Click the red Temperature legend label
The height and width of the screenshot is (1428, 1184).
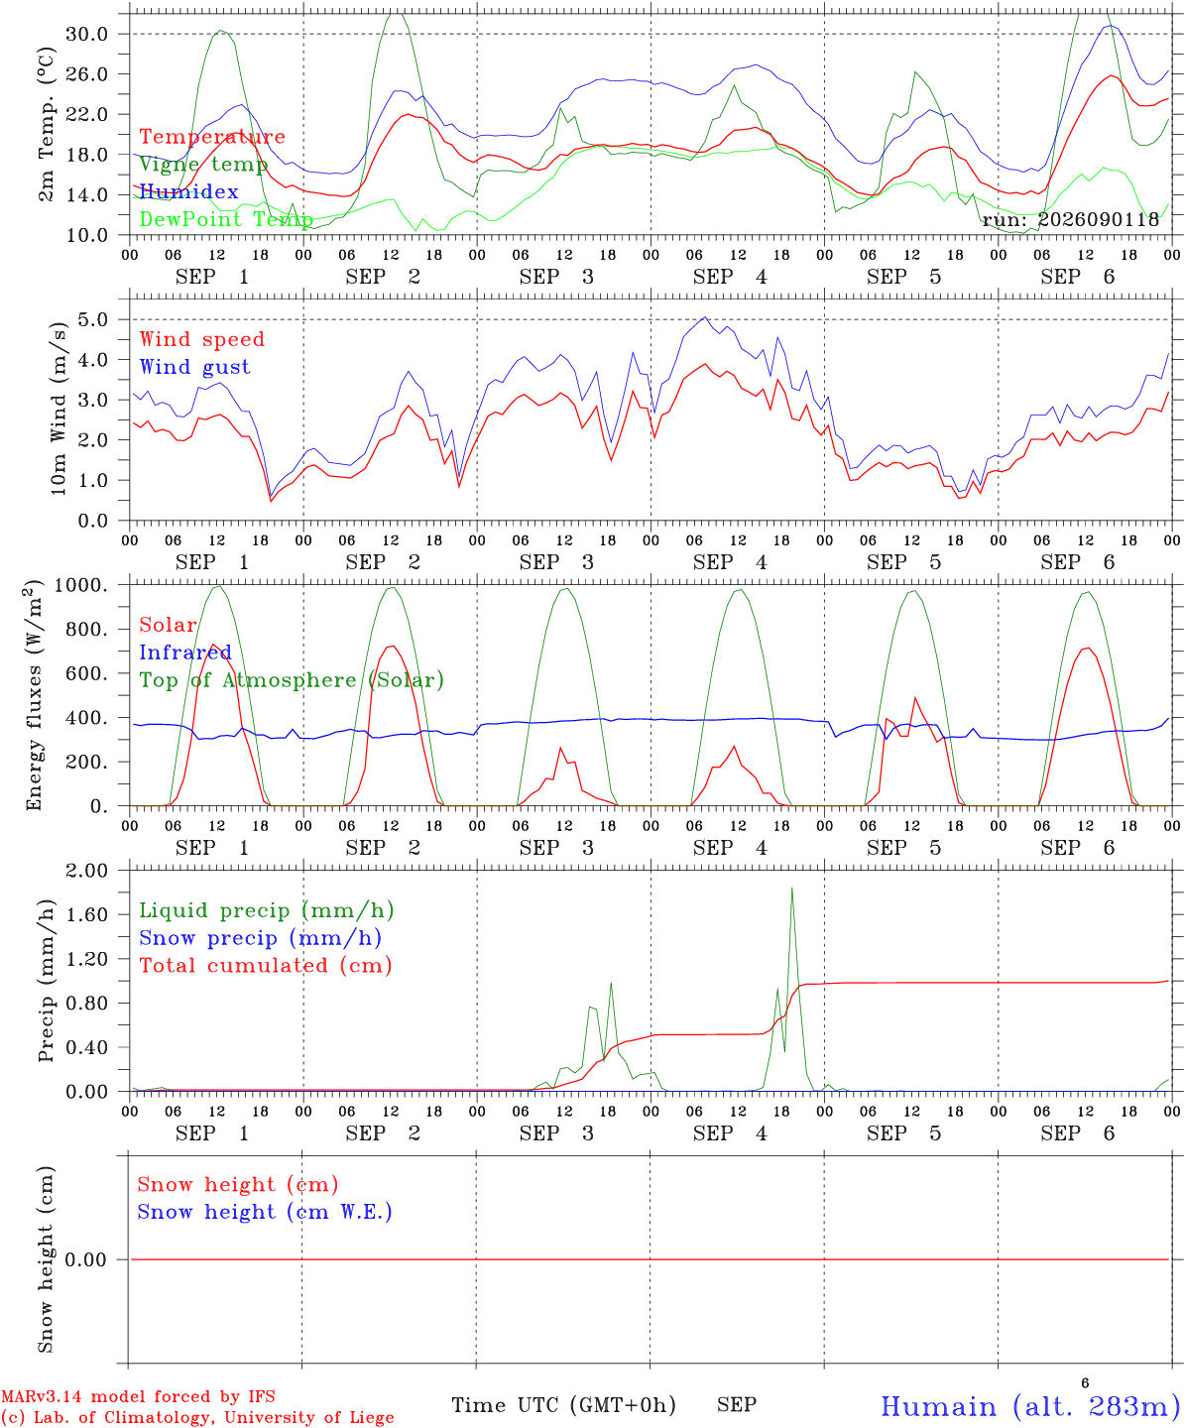(x=212, y=137)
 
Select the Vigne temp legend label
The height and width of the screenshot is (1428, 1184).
(x=203, y=165)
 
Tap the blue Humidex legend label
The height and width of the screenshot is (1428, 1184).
(x=188, y=191)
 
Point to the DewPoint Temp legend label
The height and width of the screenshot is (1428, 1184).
(x=226, y=219)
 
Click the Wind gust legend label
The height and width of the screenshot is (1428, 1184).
(x=195, y=367)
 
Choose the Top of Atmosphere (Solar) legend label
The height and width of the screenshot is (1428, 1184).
(x=293, y=680)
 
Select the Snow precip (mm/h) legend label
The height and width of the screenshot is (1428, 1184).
(x=261, y=938)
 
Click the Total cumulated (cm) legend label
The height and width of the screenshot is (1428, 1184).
(x=266, y=965)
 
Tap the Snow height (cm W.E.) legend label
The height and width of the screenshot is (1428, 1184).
(x=265, y=1211)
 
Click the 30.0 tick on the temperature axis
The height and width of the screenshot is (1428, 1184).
(x=87, y=34)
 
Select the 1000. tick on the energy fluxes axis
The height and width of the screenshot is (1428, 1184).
(x=81, y=585)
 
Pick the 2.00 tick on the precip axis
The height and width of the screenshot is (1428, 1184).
(x=87, y=871)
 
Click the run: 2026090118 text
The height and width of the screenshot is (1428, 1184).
(x=1070, y=219)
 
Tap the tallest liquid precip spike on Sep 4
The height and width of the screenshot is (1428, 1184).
(x=792, y=889)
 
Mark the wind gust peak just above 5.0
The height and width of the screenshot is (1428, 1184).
(x=705, y=317)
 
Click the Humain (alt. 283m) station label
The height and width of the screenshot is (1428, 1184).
(x=1024, y=1406)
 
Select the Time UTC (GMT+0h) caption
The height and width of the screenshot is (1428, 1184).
(x=563, y=1405)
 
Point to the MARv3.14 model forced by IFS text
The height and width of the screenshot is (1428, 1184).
(x=138, y=1396)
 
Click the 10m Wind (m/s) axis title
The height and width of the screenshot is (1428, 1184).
(x=59, y=409)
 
